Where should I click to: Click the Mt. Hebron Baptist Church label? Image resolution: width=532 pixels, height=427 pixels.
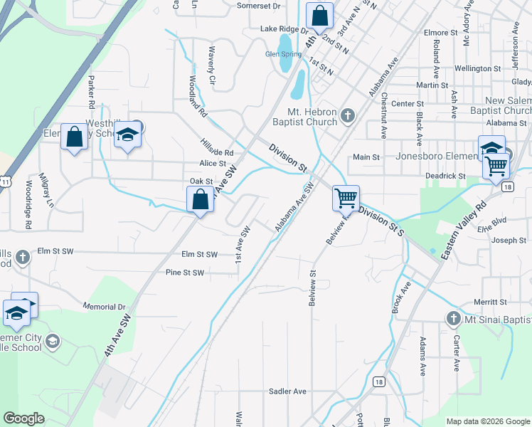[x=312, y=117]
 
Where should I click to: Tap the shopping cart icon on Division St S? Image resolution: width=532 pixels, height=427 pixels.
[x=346, y=199]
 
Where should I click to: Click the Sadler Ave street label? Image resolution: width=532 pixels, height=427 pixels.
[x=287, y=391]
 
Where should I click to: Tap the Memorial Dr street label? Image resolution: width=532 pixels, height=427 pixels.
[x=105, y=307]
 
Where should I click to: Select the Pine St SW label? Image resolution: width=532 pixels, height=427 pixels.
[x=184, y=273]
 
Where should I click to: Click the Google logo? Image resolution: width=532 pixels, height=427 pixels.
[x=24, y=418]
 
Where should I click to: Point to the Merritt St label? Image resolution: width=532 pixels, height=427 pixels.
[x=490, y=302]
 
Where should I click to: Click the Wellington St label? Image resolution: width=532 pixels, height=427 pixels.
[x=477, y=68]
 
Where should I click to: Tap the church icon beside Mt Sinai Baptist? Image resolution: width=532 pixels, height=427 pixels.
[x=454, y=318]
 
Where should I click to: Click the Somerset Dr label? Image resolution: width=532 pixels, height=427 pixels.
[x=259, y=6]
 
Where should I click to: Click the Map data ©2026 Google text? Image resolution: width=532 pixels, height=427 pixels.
[x=487, y=421]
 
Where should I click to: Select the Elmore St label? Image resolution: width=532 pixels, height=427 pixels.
[x=440, y=33]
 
